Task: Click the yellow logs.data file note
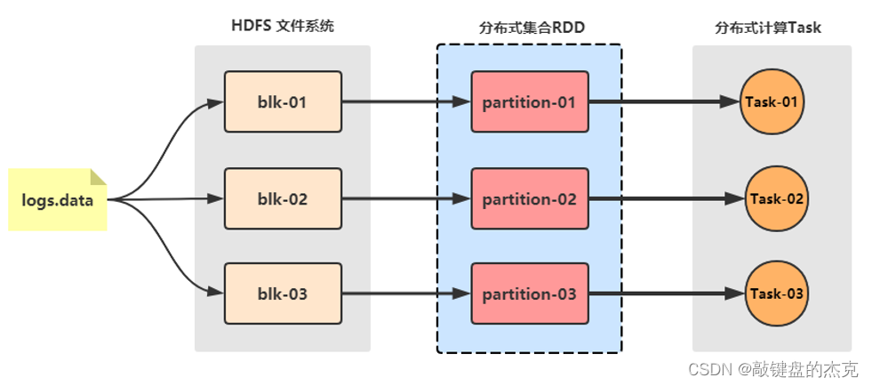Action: coord(57,200)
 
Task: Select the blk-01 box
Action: coord(283,101)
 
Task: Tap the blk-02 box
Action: coord(283,198)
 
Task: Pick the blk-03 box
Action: coord(283,294)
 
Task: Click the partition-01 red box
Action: coord(530,101)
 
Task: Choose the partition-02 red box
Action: coord(530,198)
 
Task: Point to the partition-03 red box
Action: coord(530,294)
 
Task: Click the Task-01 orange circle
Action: coord(772,102)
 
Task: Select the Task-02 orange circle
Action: coord(777,199)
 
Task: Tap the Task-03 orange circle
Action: coord(777,294)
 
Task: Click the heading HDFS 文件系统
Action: coord(283,26)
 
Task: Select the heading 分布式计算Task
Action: coord(767,28)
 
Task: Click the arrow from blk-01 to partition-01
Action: coord(406,101)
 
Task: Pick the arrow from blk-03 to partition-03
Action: coord(406,294)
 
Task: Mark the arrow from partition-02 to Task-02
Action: coord(667,199)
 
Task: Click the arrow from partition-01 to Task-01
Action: coord(664,101)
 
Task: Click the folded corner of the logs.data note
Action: coord(99,176)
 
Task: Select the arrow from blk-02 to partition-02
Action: coord(406,198)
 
